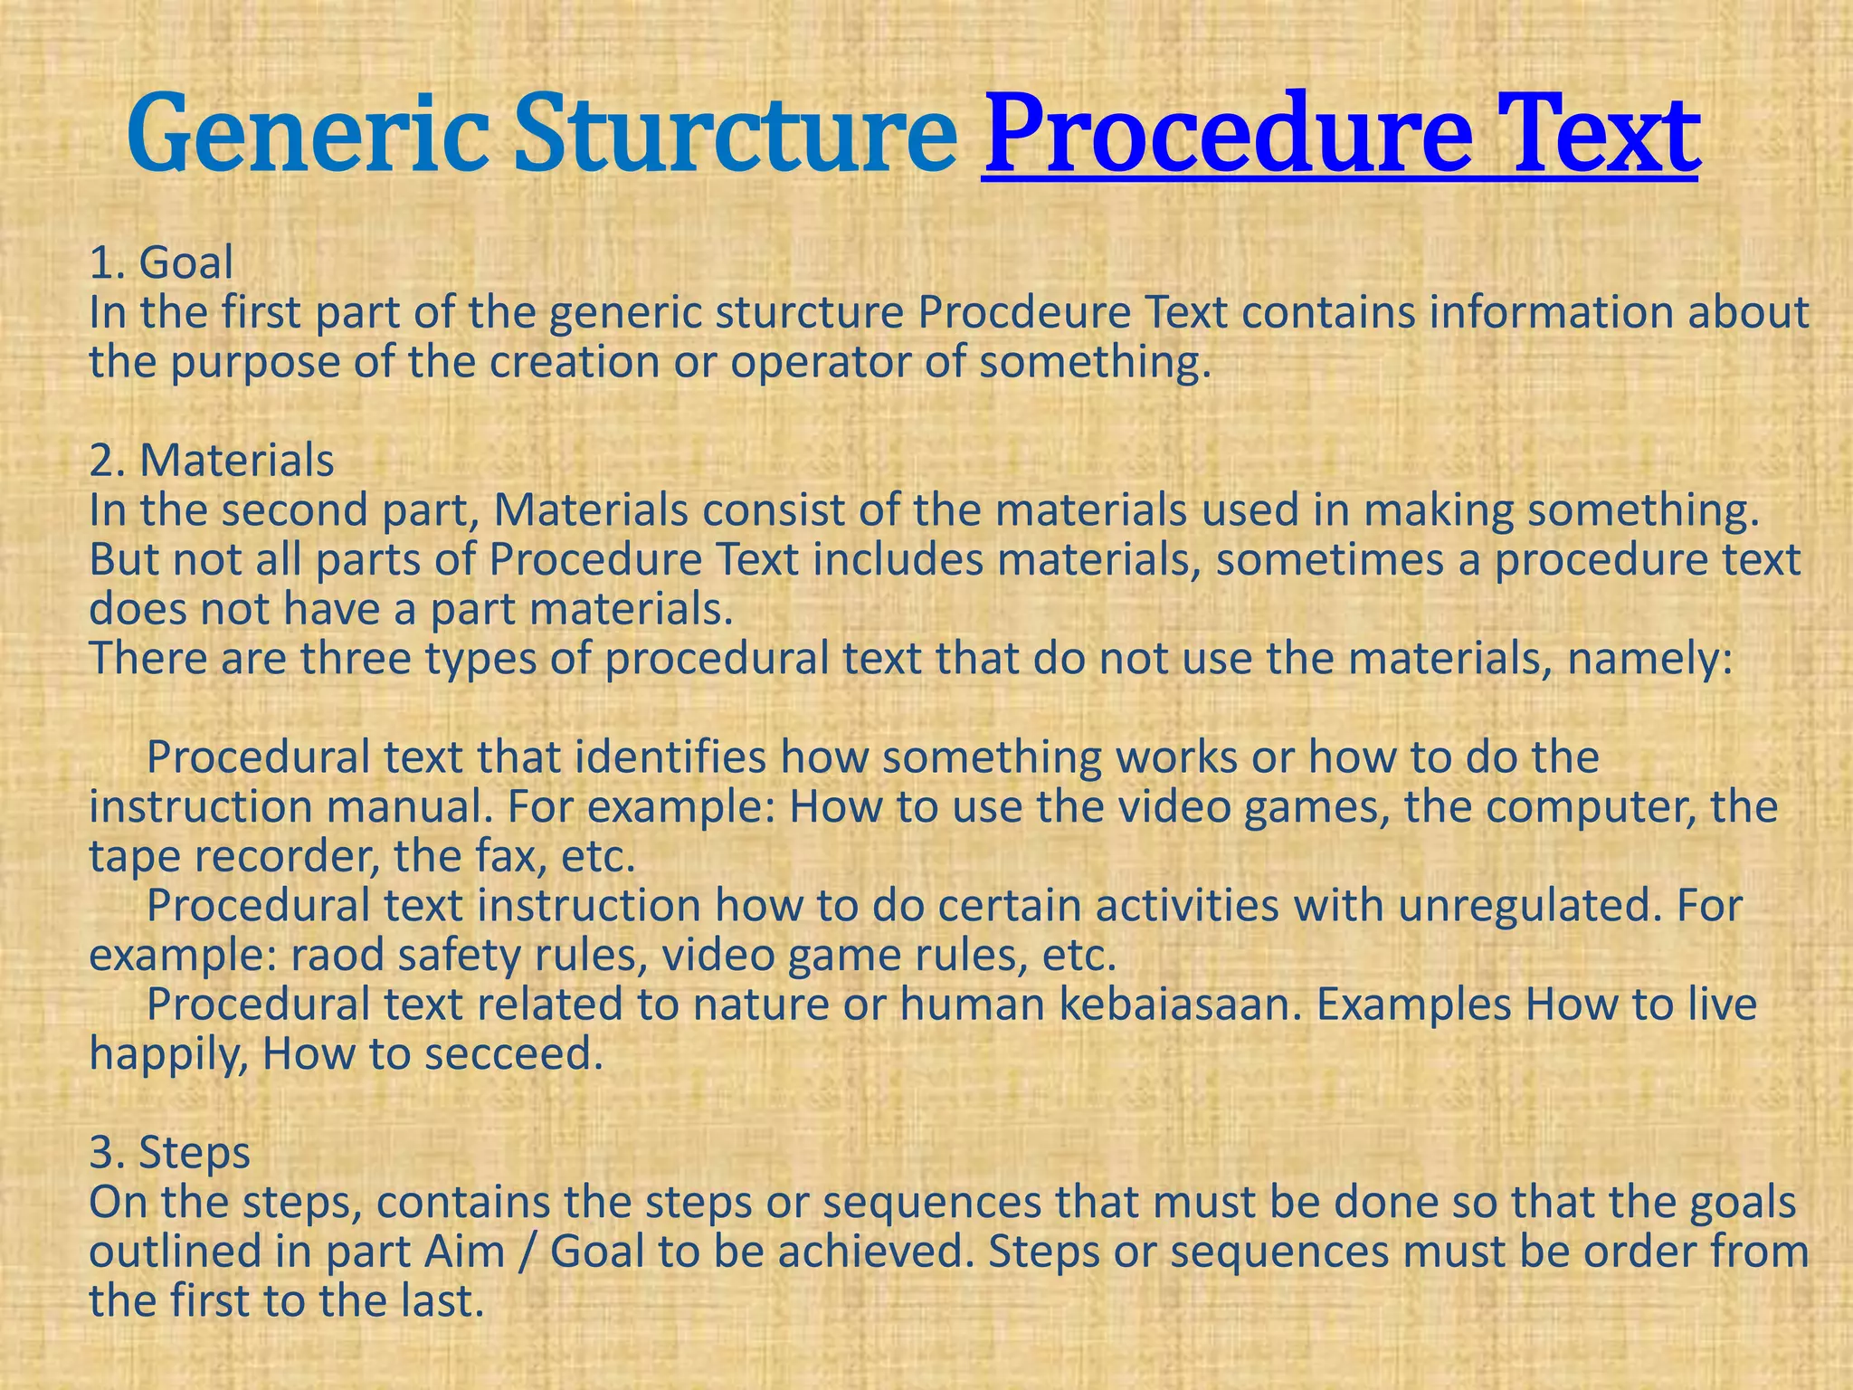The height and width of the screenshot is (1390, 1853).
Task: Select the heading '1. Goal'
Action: point(161,263)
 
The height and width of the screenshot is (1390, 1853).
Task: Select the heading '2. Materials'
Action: point(212,461)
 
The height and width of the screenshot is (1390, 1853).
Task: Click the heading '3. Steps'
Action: point(170,1153)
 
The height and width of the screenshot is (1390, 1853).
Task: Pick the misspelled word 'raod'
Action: point(329,956)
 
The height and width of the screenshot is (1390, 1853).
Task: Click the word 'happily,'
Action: point(168,1055)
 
